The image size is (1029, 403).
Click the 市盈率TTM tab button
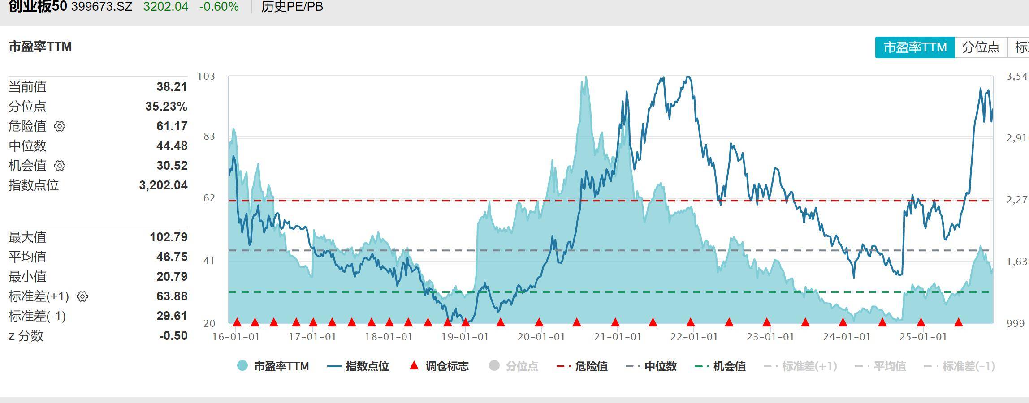[x=915, y=47]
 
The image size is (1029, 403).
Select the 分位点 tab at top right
[x=981, y=47]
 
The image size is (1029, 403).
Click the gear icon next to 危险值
[x=60, y=126]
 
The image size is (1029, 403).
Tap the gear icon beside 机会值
[x=60, y=166]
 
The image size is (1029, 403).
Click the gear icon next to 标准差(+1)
[x=82, y=296]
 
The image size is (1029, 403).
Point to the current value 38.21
[x=172, y=87]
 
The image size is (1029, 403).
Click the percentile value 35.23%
[x=166, y=107]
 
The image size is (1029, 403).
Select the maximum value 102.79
[x=169, y=237]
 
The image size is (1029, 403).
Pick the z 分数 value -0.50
[x=173, y=336]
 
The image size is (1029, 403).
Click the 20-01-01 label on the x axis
[x=541, y=337]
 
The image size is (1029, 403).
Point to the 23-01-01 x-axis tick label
[x=770, y=337]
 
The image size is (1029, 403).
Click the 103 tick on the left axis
[x=206, y=76]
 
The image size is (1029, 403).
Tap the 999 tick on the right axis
[x=1015, y=323]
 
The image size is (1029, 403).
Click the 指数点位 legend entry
[x=358, y=366]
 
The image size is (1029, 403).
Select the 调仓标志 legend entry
[x=439, y=366]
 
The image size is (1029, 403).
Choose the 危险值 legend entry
[x=582, y=366]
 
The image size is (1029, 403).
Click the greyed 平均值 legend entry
[x=881, y=366]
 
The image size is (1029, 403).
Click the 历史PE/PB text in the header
[x=292, y=7]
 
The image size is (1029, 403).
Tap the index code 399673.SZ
[x=102, y=7]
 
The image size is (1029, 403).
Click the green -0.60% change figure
[x=219, y=7]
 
